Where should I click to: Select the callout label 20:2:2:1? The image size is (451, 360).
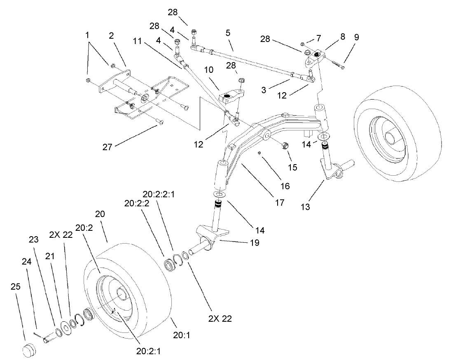[x=159, y=194]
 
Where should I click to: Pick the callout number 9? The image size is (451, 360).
[x=356, y=37]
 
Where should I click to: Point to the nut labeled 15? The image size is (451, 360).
[x=283, y=146]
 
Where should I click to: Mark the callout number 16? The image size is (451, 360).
[x=285, y=186]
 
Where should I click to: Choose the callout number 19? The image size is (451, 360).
[x=254, y=243]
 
